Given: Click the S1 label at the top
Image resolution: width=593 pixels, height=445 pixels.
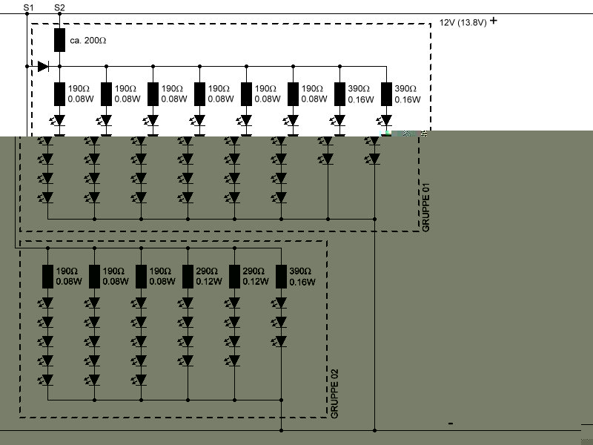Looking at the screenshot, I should click(x=28, y=7).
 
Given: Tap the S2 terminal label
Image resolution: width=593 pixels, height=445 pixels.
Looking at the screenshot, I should click(x=60, y=7).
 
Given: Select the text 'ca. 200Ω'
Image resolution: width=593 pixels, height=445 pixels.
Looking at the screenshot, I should click(x=87, y=41).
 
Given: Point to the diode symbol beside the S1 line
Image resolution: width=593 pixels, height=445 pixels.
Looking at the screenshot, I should click(x=43, y=66).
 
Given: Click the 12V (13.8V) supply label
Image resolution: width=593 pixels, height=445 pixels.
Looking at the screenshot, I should click(x=463, y=22).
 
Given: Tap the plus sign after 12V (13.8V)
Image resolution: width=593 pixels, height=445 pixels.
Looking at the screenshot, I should click(x=494, y=21).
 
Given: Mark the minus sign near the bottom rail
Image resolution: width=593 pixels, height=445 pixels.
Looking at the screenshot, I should click(x=451, y=423).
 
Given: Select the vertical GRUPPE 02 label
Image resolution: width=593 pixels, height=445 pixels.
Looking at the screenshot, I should click(x=334, y=392).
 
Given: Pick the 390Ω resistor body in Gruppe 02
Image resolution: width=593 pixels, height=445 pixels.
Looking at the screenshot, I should click(x=281, y=277).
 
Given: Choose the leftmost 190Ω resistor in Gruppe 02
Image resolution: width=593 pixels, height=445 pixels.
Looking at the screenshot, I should click(x=47, y=277).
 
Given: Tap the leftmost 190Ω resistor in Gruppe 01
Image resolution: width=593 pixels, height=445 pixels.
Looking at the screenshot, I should click(x=60, y=93).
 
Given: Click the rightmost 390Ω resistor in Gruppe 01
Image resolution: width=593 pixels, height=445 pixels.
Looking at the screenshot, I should click(x=386, y=93).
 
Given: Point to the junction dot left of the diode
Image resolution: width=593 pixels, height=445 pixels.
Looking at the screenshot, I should click(x=27, y=66).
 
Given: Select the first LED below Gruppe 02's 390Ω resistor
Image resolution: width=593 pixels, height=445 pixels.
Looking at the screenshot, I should click(x=281, y=303).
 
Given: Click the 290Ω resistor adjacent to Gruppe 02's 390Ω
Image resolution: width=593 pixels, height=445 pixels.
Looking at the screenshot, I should click(x=234, y=277).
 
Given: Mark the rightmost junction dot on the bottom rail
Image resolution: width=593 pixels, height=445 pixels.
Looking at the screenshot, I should click(x=375, y=429).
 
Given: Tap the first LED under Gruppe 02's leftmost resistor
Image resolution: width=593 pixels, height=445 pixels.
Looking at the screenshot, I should click(x=47, y=303).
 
